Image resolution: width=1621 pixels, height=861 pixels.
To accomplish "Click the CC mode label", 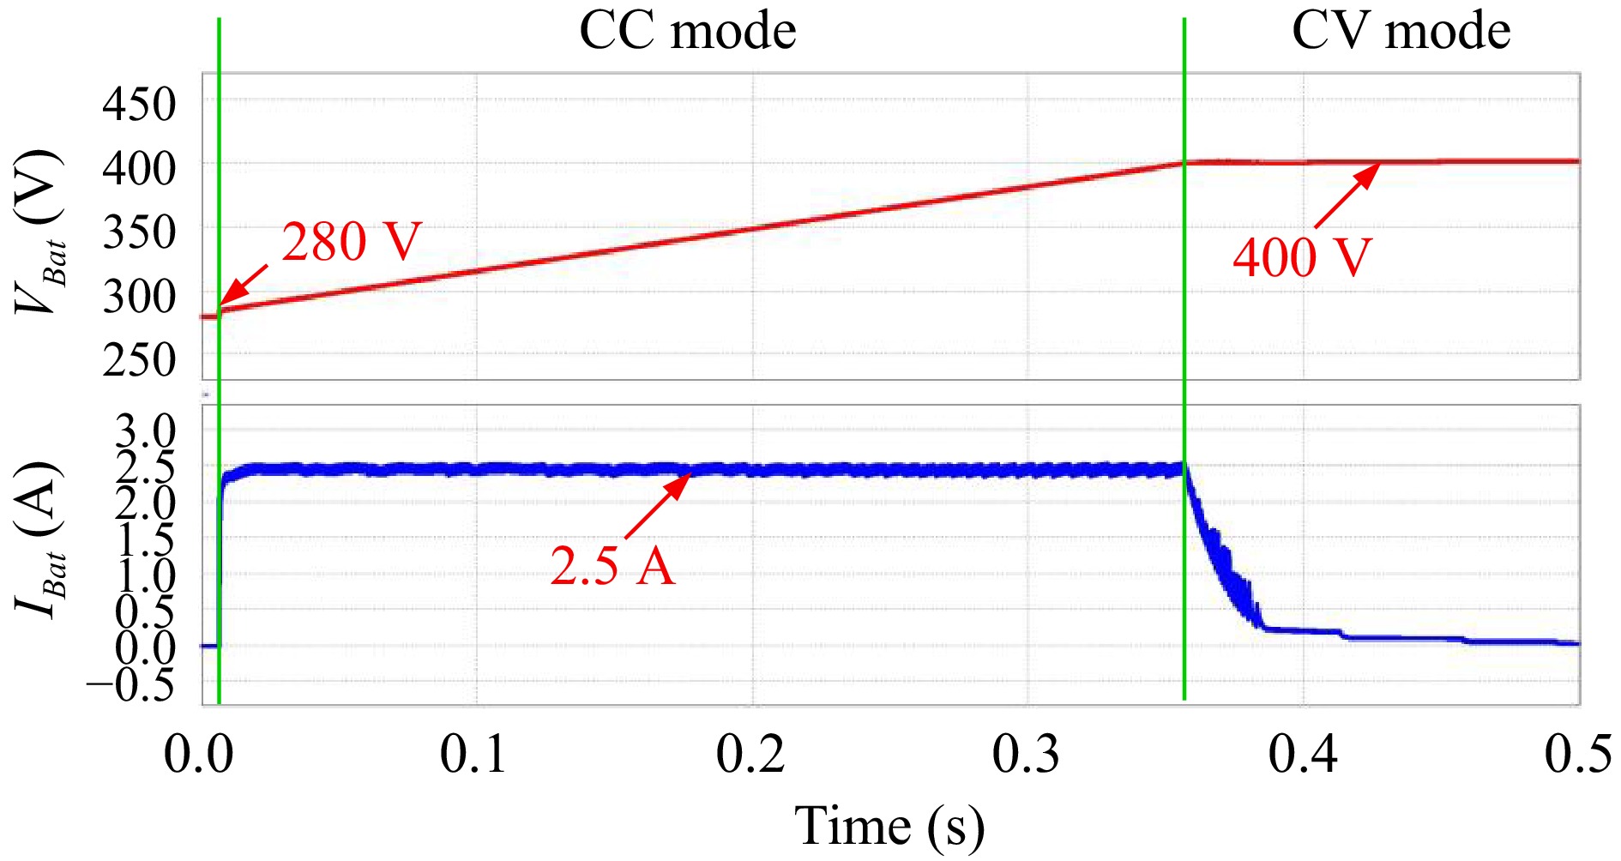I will pos(687,32).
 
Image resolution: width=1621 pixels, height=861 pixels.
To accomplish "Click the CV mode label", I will pos(1400,32).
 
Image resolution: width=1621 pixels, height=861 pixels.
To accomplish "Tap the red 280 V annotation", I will pos(352,242).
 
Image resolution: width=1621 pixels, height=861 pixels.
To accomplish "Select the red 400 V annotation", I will pos(1302,256).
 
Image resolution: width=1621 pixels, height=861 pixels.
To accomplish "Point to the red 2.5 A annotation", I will pos(612,566).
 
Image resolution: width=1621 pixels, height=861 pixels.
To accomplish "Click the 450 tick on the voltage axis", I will pos(139,105).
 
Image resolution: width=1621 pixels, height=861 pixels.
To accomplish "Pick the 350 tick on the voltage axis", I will pos(139,232).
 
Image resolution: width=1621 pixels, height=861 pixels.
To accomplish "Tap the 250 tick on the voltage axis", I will pos(139,359).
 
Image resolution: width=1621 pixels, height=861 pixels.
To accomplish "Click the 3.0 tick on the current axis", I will pos(146,430).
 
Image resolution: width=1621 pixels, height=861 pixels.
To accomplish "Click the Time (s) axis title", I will pos(889,827).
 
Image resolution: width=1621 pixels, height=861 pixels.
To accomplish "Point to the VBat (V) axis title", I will pos(40,232).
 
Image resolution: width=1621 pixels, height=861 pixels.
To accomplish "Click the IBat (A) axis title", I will pos(40,540).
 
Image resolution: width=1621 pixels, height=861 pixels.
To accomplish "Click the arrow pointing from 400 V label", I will pos(1347,196).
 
